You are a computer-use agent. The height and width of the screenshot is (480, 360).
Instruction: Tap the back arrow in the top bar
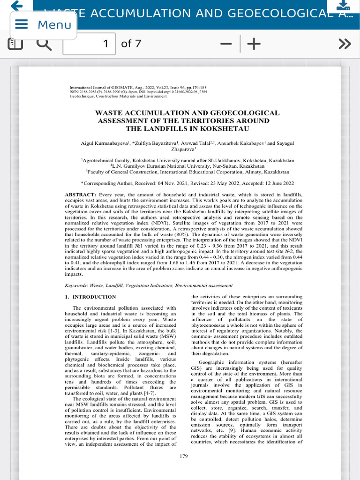pos(16,6)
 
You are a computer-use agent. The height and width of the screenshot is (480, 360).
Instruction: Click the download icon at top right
pos(343,6)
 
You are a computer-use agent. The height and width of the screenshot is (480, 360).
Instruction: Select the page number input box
pos(89,44)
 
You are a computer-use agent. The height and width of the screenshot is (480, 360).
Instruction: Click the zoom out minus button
pos(226,44)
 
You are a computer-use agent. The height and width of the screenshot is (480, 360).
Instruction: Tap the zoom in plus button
pos(254,44)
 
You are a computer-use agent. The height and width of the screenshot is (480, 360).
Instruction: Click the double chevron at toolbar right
pos(345,44)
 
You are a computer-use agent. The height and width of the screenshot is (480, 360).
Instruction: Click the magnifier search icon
pos(44,44)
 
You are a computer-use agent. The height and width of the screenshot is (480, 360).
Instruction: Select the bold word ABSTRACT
pos(80,194)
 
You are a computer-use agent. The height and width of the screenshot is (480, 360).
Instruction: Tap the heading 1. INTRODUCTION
pos(90,297)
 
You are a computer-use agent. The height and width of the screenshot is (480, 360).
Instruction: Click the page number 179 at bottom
pos(184,456)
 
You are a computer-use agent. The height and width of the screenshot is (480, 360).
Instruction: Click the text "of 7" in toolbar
pos(131,44)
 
